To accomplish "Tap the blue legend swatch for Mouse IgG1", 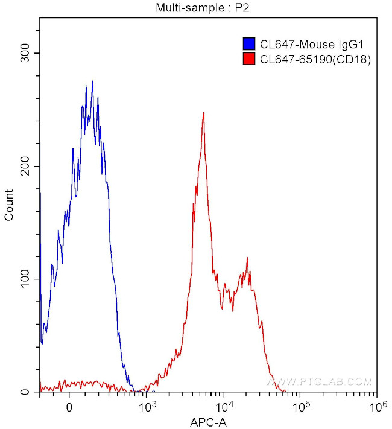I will coord(248,44).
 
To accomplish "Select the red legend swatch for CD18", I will coord(248,59).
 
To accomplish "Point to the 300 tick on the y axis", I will coord(24,53).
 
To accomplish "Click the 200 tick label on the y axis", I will coord(24,166).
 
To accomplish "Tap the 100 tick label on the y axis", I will coord(24,279).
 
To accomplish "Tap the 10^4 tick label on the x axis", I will coord(224,405).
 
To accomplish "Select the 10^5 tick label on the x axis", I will coord(300,405).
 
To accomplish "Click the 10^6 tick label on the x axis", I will coord(376,405).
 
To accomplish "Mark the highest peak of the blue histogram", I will coord(92,82).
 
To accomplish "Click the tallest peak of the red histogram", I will coord(204,113).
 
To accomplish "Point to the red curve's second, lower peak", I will coord(247,259).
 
